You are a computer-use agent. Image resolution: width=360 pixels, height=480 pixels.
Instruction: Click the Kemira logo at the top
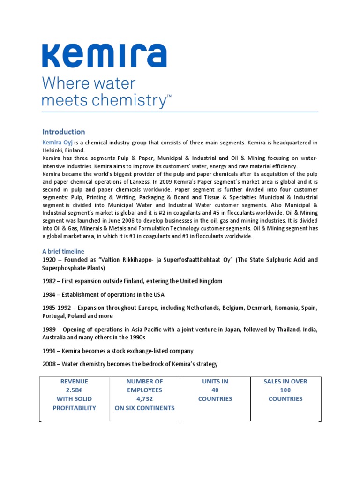click(x=104, y=56)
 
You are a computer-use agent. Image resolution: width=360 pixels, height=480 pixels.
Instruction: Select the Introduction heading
click(x=64, y=132)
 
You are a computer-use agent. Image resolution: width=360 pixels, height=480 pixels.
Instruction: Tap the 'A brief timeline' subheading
click(x=63, y=251)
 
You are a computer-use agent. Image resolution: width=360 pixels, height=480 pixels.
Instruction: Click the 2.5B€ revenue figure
click(x=74, y=390)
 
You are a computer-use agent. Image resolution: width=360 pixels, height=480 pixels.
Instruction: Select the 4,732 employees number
click(x=144, y=399)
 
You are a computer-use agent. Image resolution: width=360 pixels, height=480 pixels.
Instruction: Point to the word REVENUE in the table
click(x=74, y=381)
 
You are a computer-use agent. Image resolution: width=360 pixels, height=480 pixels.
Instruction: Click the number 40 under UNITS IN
click(x=215, y=390)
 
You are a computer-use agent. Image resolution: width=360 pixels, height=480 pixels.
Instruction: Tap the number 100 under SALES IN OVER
click(x=285, y=390)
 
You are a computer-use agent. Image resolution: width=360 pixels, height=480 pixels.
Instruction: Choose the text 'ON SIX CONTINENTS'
click(x=144, y=408)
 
